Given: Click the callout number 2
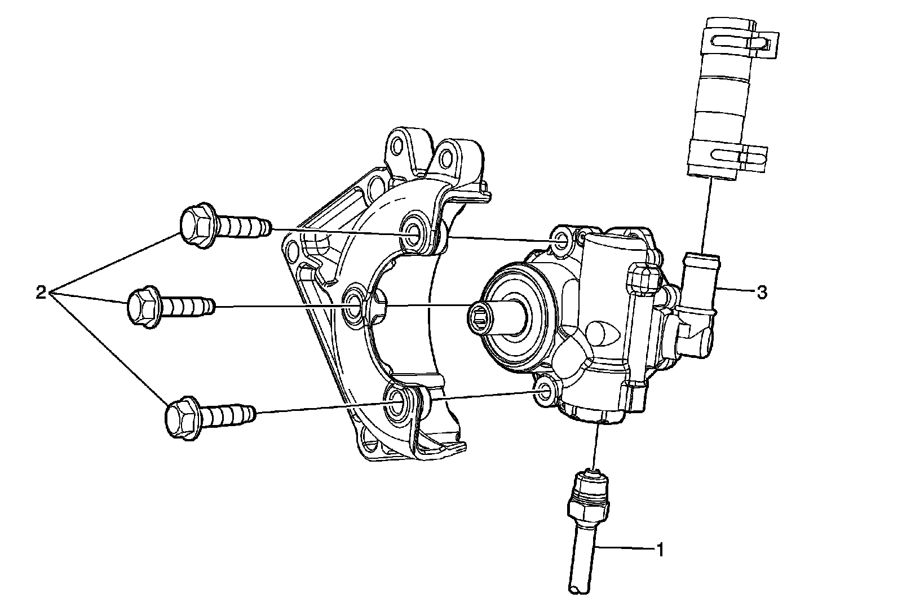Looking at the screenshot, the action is [41, 293].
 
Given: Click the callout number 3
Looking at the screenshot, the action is [762, 292].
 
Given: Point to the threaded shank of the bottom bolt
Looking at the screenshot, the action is [231, 414].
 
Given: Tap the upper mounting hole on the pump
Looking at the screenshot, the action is [560, 241].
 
